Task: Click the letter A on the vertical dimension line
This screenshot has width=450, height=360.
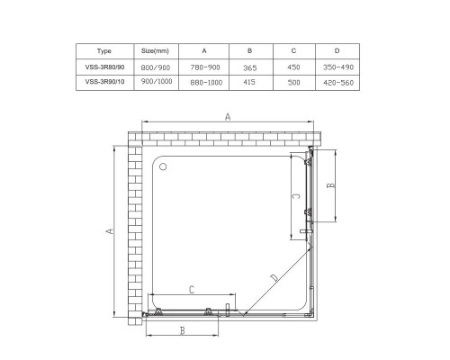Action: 110,231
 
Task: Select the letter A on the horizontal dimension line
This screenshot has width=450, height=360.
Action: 228,117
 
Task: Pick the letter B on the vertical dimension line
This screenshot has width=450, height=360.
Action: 330,186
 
